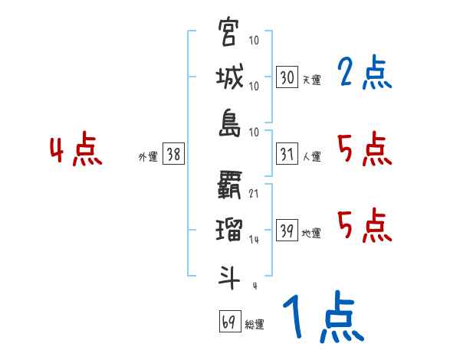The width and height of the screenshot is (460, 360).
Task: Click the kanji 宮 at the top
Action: point(228,34)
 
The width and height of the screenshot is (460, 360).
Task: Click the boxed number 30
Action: point(287,77)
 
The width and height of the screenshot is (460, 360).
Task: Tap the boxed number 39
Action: point(287,231)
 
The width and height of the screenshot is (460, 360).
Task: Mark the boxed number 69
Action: point(228,322)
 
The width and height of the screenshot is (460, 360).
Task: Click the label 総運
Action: point(254,324)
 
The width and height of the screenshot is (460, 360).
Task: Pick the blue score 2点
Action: point(365,74)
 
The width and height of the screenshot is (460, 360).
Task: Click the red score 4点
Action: point(75,150)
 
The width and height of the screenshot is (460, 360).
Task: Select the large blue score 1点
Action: point(323,318)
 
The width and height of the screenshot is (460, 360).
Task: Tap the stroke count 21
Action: point(253,194)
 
